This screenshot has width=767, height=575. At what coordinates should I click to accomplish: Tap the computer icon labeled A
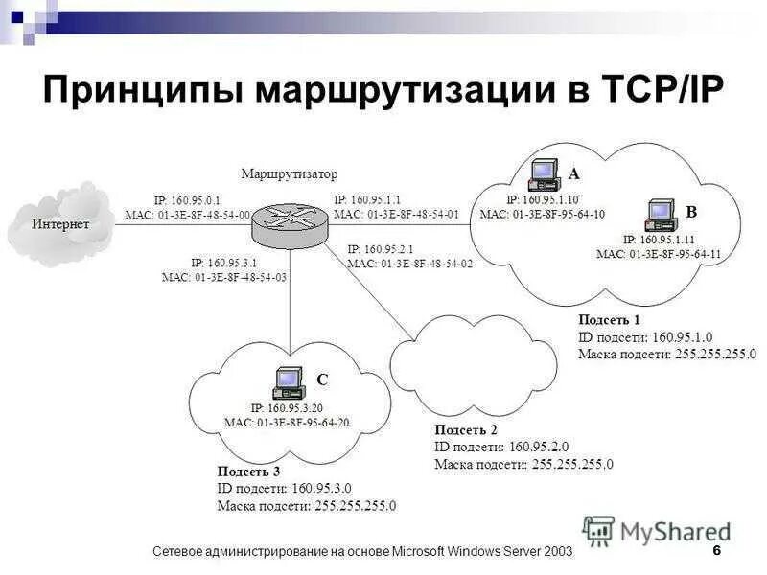coord(544,173)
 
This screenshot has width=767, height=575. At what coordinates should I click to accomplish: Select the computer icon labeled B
coord(661,215)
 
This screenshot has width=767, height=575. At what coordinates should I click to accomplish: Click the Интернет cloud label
coord(60,224)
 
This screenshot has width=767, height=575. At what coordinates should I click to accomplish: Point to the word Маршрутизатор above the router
coord(290,174)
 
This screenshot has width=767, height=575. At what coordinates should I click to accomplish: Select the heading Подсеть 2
coord(466,430)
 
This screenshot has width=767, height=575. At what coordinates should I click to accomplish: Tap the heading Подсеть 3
coord(248,471)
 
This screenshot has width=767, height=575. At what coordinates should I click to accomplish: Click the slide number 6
coord(716,551)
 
